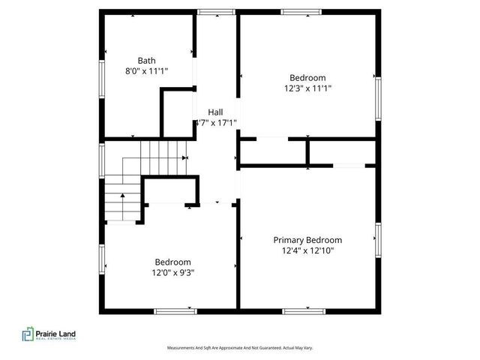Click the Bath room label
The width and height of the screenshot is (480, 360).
point(147,61)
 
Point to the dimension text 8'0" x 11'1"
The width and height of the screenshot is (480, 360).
point(147,71)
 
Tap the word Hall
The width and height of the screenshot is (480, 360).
point(215,112)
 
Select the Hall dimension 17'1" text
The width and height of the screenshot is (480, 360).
point(217,122)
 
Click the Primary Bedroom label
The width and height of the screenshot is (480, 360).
point(307,240)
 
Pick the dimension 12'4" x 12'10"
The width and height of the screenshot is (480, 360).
point(307,250)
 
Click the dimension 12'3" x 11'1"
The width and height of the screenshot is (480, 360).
point(307,88)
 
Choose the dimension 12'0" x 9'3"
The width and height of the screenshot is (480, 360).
point(172,272)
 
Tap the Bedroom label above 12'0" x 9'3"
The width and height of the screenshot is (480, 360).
point(172,262)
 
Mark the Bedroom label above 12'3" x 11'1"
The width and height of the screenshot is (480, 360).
point(307,77)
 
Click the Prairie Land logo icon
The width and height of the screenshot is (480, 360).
point(28,334)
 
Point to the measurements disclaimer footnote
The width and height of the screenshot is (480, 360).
point(239,348)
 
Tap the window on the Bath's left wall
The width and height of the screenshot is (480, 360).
point(102,79)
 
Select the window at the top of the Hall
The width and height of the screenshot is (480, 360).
point(215,11)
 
